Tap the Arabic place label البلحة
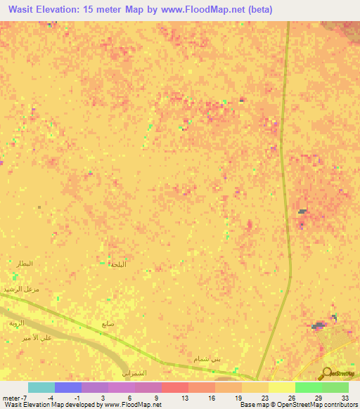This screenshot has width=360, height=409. tap(118, 265)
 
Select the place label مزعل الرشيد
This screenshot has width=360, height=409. tap(20, 289)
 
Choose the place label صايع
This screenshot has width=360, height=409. tap(108, 324)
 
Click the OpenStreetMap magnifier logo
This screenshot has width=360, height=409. tap(326, 372)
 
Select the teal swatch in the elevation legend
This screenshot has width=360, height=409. tap(41, 387)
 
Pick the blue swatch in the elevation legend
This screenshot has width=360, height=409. tap(68, 387)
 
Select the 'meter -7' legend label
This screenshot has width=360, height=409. tap(14, 397)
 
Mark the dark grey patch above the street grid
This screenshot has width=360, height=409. tap(319, 325)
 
